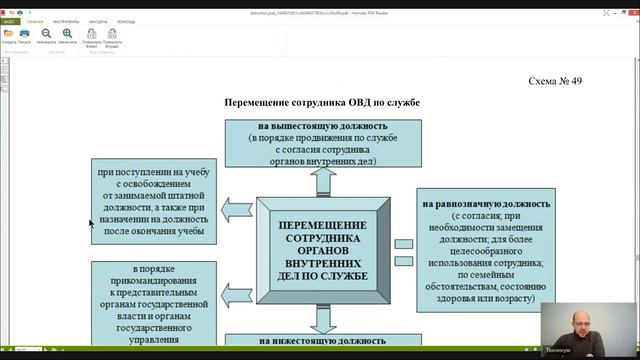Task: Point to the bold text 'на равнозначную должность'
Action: point(486,204)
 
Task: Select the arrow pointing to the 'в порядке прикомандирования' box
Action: point(236,284)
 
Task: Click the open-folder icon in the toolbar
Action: point(9,33)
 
